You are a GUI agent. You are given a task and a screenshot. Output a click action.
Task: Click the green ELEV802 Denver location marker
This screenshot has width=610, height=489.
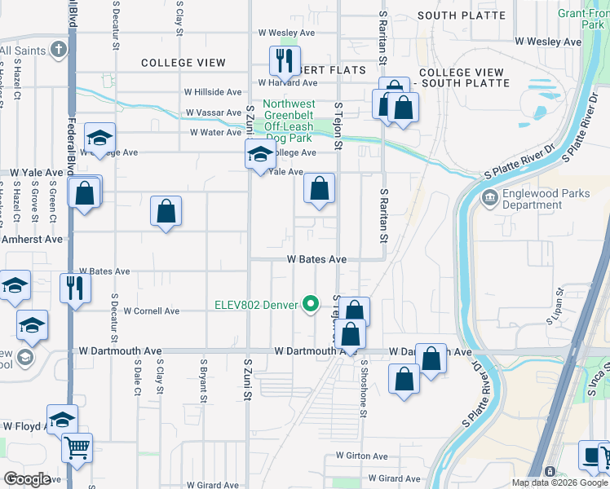(x=311, y=305)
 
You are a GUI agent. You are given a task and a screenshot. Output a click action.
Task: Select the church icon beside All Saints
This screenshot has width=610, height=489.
(x=58, y=51)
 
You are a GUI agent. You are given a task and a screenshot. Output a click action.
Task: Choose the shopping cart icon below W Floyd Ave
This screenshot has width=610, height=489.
(x=77, y=447)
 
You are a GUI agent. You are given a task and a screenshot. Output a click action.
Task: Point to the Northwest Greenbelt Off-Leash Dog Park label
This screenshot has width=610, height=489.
(x=289, y=121)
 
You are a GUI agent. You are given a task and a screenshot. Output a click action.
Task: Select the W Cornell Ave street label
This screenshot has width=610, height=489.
(x=148, y=311)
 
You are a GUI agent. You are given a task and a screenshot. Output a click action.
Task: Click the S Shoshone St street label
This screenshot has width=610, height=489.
(x=364, y=378)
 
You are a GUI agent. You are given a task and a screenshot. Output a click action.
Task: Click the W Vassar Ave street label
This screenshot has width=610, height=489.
(x=214, y=112)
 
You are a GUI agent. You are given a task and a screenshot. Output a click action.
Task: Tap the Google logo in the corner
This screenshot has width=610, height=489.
(x=27, y=479)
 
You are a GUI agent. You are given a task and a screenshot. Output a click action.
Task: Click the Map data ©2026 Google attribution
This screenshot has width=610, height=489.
(x=559, y=482)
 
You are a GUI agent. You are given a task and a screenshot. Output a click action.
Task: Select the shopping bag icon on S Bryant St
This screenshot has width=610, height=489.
(x=166, y=211)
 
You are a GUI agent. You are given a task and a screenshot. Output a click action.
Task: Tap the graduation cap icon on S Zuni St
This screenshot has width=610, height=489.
(x=259, y=154)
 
